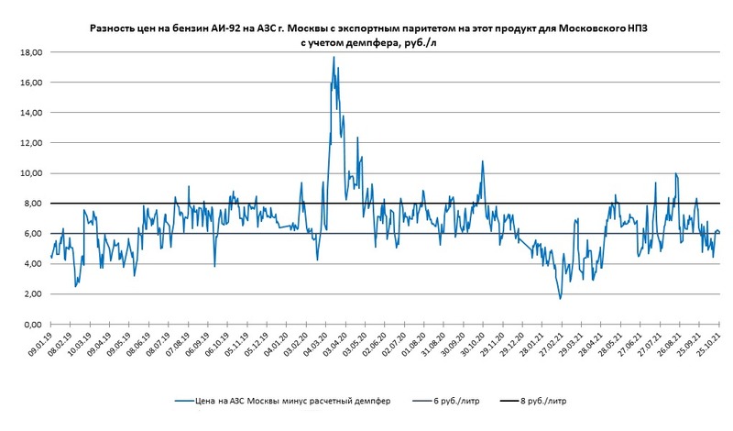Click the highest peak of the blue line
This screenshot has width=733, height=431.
pos(334,57)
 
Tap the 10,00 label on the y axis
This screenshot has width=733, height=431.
pos(31,173)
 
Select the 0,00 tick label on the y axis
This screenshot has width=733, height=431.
pos(33,325)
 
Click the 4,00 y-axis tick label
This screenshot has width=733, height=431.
pos(33,264)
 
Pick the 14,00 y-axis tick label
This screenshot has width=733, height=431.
pos(31,113)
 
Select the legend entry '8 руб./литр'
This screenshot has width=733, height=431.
pos(551,402)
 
